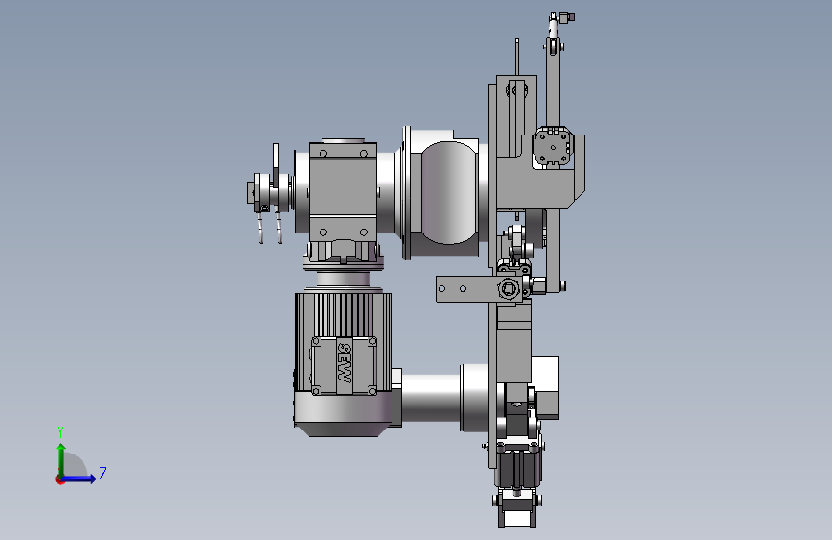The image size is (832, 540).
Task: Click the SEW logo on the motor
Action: pyautogui.click(x=345, y=363)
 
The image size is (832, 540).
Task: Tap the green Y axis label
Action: pyautogui.click(x=60, y=432)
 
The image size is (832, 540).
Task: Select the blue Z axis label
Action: pyautogui.click(x=103, y=473)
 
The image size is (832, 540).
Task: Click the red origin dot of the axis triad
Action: pyautogui.click(x=59, y=479)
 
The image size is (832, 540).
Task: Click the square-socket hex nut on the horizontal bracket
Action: pyautogui.click(x=509, y=289)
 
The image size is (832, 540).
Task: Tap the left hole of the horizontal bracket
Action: pyautogui.click(x=442, y=289)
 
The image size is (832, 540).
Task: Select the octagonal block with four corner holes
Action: pyautogui.click(x=552, y=146)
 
